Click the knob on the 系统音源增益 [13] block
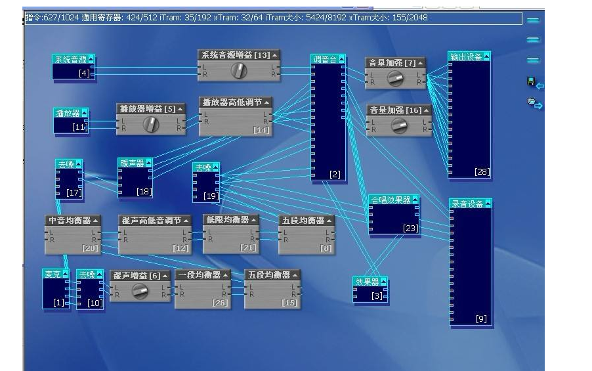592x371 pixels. tap(239, 71)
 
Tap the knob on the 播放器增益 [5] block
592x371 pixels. tap(151, 124)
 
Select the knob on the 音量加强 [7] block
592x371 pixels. tap(395, 79)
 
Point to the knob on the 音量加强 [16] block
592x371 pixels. tap(398, 125)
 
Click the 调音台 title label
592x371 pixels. tap(324, 60)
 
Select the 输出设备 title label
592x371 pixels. tap(465, 57)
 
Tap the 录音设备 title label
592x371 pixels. tap(466, 204)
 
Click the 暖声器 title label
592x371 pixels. tap(131, 163)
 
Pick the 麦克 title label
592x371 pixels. tap(52, 274)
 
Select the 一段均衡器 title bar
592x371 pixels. tap(203, 274)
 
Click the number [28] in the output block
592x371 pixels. tap(482, 172)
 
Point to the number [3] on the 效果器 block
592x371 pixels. tap(377, 296)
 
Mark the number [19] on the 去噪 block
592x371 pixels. tap(211, 196)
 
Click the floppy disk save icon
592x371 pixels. tap(531, 82)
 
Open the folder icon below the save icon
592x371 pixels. tap(532, 102)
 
